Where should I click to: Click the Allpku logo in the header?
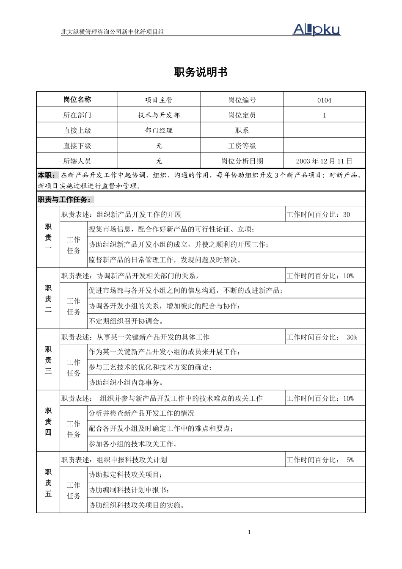point(317,29)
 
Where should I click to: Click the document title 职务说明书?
point(201,72)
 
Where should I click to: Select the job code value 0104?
point(324,100)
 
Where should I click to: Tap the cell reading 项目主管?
point(159,100)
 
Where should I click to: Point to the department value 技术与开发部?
point(159,115)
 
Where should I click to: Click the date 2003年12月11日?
point(324,161)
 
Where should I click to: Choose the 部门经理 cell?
point(159,130)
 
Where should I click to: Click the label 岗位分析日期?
point(242,161)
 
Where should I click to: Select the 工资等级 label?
point(242,146)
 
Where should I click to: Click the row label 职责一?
point(48,237)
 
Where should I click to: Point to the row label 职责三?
point(48,360)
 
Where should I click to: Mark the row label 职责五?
point(48,483)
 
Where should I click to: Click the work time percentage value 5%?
point(350,460)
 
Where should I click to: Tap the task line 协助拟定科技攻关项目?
point(125,475)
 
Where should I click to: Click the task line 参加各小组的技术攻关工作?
point(133,444)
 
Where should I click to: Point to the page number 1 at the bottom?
point(249,532)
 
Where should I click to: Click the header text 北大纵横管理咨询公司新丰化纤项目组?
point(113,32)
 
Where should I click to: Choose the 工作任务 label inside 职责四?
point(74,429)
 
